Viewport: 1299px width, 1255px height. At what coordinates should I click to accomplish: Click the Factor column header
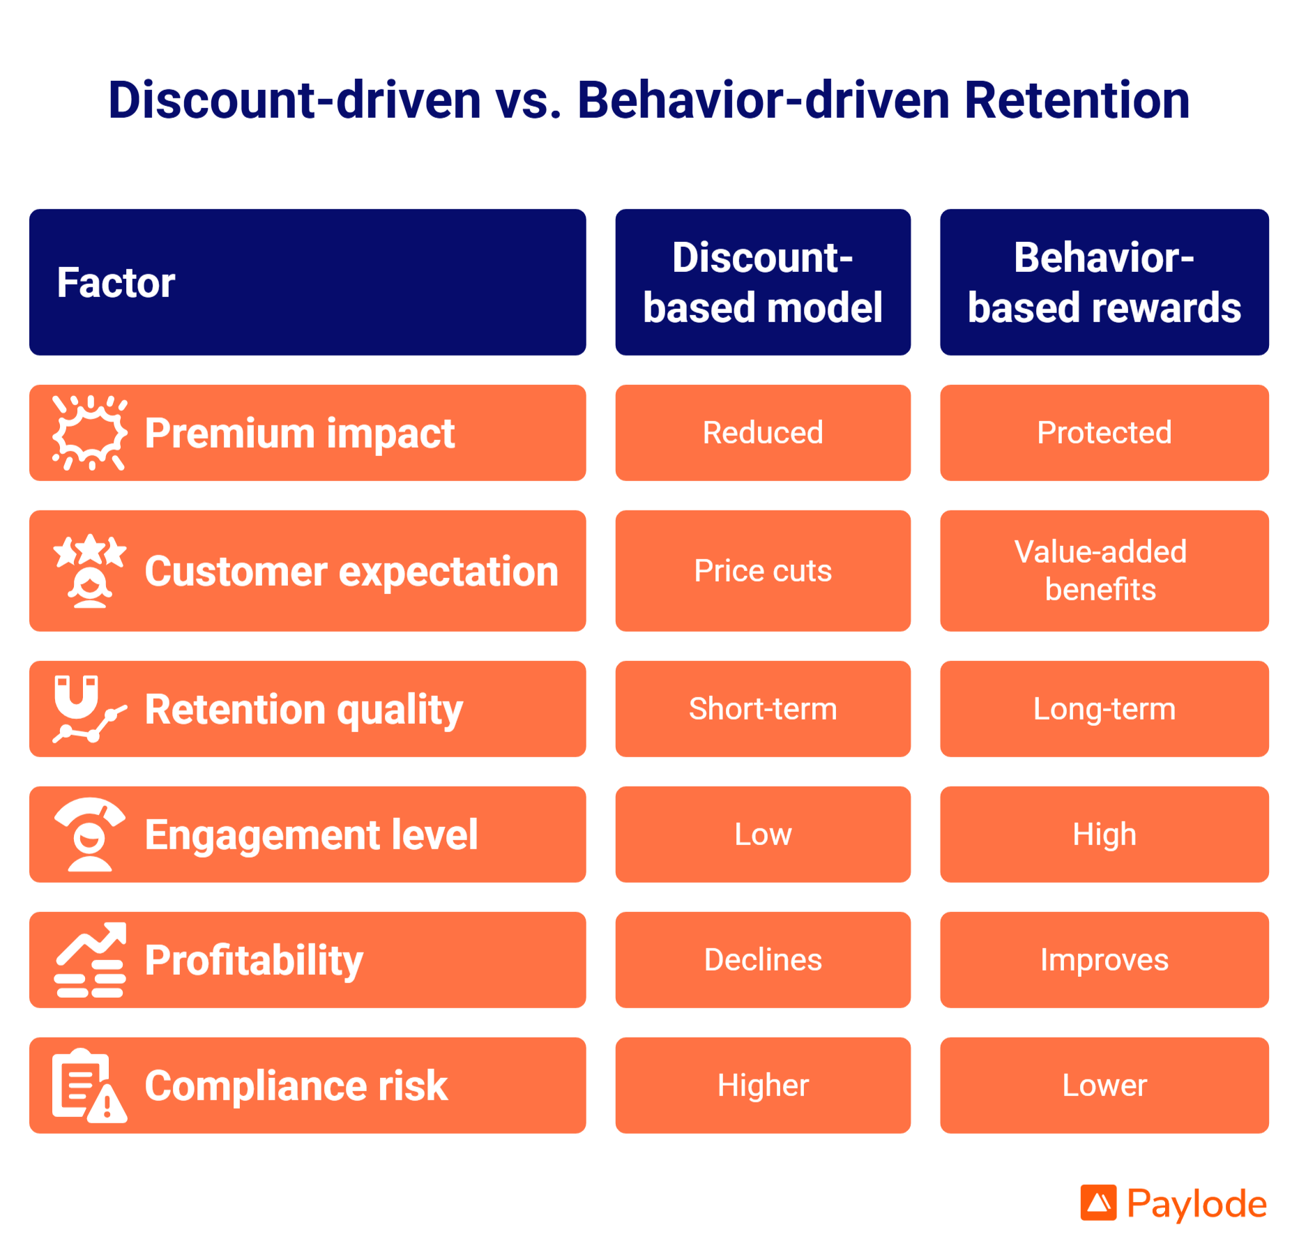click(x=116, y=282)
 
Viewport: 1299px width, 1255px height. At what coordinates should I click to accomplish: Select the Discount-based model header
click(x=762, y=282)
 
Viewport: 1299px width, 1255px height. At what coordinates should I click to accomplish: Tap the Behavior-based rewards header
click(x=1104, y=282)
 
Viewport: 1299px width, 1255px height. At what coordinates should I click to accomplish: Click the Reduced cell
click(x=762, y=432)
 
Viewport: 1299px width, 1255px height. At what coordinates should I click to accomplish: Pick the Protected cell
click(x=1104, y=432)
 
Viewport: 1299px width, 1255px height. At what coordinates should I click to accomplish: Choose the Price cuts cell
click(x=762, y=570)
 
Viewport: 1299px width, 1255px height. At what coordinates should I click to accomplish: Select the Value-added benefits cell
click(x=1104, y=570)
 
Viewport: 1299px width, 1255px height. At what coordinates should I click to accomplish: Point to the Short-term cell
click(x=762, y=708)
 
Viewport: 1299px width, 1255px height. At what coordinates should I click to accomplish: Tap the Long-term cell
click(x=1104, y=708)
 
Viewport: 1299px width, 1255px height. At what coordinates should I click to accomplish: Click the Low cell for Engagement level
click(x=762, y=834)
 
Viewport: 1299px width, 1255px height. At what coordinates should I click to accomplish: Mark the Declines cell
click(x=762, y=959)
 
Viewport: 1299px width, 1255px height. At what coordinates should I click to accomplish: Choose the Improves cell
click(x=1104, y=959)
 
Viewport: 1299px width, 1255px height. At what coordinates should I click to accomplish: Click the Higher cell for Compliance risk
click(x=762, y=1085)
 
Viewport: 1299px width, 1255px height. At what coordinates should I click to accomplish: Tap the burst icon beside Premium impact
click(x=89, y=433)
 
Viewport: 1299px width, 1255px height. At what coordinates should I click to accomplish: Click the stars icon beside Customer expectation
click(x=90, y=571)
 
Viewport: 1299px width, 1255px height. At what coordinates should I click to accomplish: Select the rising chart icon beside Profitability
click(x=90, y=960)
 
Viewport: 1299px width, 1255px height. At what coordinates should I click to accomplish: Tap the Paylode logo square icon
click(x=1097, y=1203)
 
